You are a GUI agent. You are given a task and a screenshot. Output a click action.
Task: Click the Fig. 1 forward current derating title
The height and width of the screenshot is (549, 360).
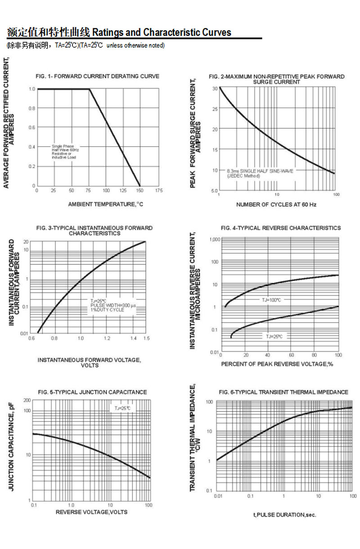click(x=97, y=76)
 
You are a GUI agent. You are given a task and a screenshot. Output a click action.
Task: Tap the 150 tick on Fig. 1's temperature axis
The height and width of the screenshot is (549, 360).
click(x=140, y=191)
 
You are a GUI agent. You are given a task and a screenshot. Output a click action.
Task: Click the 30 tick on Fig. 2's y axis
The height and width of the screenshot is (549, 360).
click(x=215, y=89)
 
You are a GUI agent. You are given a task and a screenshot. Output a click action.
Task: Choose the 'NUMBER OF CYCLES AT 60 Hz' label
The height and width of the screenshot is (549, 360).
click(x=276, y=205)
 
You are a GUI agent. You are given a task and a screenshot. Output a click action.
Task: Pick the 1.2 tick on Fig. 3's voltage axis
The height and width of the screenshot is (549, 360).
click(x=107, y=338)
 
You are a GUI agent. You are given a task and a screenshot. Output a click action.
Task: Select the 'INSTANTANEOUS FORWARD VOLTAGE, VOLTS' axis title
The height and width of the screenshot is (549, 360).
click(x=89, y=362)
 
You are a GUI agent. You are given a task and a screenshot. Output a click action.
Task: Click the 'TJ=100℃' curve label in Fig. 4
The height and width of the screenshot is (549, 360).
click(x=271, y=300)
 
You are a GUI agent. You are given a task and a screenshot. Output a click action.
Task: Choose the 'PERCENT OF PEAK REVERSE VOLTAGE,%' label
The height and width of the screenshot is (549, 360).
click(x=277, y=364)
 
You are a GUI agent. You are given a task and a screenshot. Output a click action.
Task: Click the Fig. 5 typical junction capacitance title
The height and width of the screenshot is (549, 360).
click(x=92, y=393)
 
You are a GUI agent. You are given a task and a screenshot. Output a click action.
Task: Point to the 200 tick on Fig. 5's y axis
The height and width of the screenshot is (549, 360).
click(x=27, y=400)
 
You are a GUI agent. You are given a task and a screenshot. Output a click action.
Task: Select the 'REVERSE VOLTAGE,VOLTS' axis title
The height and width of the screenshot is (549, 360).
click(x=91, y=512)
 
